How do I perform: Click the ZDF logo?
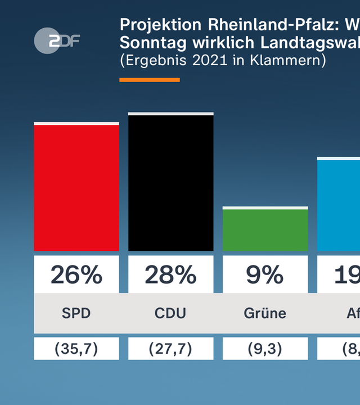click(x=57, y=40)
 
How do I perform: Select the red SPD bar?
click(x=76, y=187)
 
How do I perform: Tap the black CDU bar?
click(x=171, y=183)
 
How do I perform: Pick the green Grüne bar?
click(x=265, y=229)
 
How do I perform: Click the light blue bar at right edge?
click(x=339, y=205)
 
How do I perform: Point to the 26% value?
click(x=76, y=275)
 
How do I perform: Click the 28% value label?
click(x=171, y=275)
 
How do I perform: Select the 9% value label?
click(x=265, y=275)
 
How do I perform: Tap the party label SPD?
click(x=76, y=313)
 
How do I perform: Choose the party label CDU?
click(x=171, y=313)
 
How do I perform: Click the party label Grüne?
click(x=265, y=313)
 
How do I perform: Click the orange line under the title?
click(x=150, y=80)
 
